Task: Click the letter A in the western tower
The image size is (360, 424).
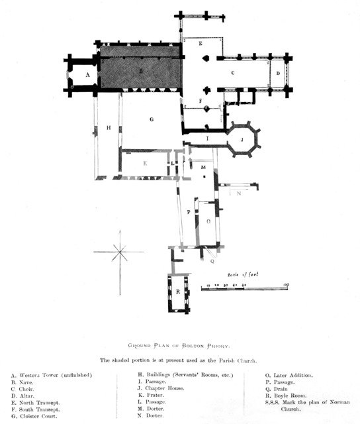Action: pyautogui.click(x=87, y=76)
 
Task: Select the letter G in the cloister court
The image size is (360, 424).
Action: pyautogui.click(x=152, y=119)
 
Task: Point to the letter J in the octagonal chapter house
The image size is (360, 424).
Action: pyautogui.click(x=242, y=140)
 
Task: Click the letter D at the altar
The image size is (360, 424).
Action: pyautogui.click(x=279, y=74)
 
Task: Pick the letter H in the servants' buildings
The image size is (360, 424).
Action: pyautogui.click(x=107, y=127)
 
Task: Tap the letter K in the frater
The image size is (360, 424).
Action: pyautogui.click(x=146, y=162)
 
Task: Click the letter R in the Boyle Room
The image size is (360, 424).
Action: pyautogui.click(x=178, y=292)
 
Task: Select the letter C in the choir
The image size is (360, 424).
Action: pyautogui.click(x=234, y=73)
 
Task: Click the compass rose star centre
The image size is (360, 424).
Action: pyautogui.click(x=120, y=252)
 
